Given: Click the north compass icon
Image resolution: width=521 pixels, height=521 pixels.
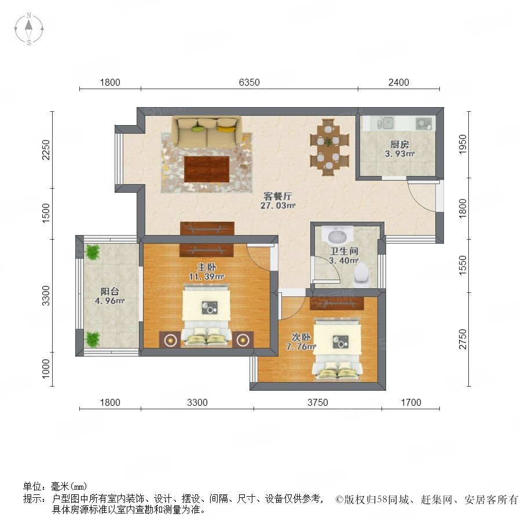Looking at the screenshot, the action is [29, 29].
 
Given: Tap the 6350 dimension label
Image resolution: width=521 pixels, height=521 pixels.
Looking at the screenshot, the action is [249, 82].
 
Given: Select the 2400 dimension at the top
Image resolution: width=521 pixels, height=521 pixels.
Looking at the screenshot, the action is [398, 82].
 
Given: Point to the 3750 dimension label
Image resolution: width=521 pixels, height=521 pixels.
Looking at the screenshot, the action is [318, 402].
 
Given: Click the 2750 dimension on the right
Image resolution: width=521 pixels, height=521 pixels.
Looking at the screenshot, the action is [463, 339].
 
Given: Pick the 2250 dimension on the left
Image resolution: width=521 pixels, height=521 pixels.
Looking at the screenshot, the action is [46, 150].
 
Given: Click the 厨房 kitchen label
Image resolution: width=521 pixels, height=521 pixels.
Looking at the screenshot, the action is [399, 144].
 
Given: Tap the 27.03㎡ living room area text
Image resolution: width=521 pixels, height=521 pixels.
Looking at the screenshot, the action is [278, 206].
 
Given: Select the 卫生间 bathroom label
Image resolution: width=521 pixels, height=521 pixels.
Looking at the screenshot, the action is [343, 251].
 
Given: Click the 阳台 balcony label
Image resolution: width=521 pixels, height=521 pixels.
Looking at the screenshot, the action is [109, 291].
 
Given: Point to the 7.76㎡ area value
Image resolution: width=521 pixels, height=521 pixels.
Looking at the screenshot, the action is [301, 347].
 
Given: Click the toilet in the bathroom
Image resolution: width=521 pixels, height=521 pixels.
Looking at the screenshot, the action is [361, 275].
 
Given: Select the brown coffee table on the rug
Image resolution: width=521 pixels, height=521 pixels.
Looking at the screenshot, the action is [207, 169].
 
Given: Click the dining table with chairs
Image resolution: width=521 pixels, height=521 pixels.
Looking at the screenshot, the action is [329, 147].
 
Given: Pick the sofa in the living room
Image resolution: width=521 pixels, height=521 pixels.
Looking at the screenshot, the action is [206, 132].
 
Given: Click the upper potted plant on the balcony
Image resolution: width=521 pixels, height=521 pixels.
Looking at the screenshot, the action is [93, 252].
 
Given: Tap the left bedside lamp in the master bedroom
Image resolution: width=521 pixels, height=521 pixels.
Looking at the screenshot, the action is [170, 340].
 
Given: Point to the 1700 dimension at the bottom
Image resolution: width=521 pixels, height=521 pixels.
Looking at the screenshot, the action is [410, 402].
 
